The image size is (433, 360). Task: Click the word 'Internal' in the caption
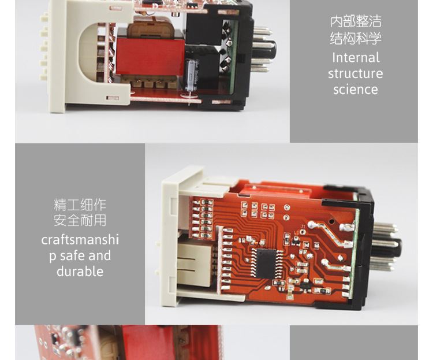click(356, 58)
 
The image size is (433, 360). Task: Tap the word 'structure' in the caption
click(356, 74)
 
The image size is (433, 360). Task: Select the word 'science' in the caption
click(356, 90)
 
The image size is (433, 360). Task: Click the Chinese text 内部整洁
click(356, 23)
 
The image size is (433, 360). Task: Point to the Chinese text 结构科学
click(356, 39)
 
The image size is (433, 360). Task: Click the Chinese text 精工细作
click(80, 205)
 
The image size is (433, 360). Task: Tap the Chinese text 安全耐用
click(80, 221)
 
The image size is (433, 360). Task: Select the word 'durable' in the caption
click(80, 272)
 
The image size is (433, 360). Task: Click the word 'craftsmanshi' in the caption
click(80, 240)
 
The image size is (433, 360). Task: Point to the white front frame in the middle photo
click(173, 237)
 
